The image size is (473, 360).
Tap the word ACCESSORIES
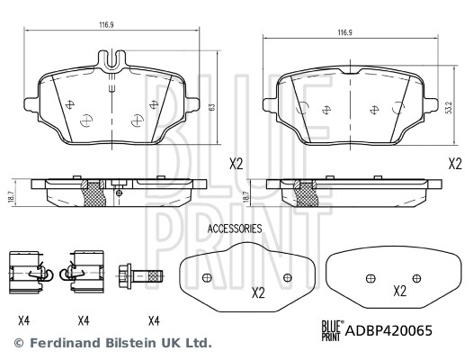(x=235, y=229)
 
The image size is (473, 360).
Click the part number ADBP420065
(x=390, y=330)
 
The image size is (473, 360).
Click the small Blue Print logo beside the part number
(x=332, y=330)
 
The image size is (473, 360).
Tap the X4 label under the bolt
(x=154, y=319)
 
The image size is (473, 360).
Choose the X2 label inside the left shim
(x=258, y=292)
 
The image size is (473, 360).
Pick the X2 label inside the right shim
(x=399, y=292)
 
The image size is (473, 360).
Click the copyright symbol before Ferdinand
(x=18, y=343)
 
